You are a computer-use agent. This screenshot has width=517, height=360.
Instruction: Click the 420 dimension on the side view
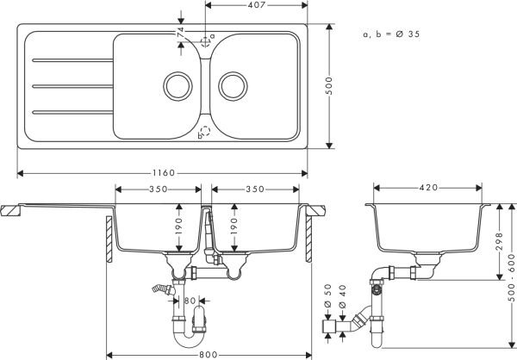[x=429, y=188]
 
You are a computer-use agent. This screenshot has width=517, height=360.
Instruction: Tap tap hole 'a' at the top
[x=204, y=40]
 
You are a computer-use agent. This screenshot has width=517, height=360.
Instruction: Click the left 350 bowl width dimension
[x=158, y=188]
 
